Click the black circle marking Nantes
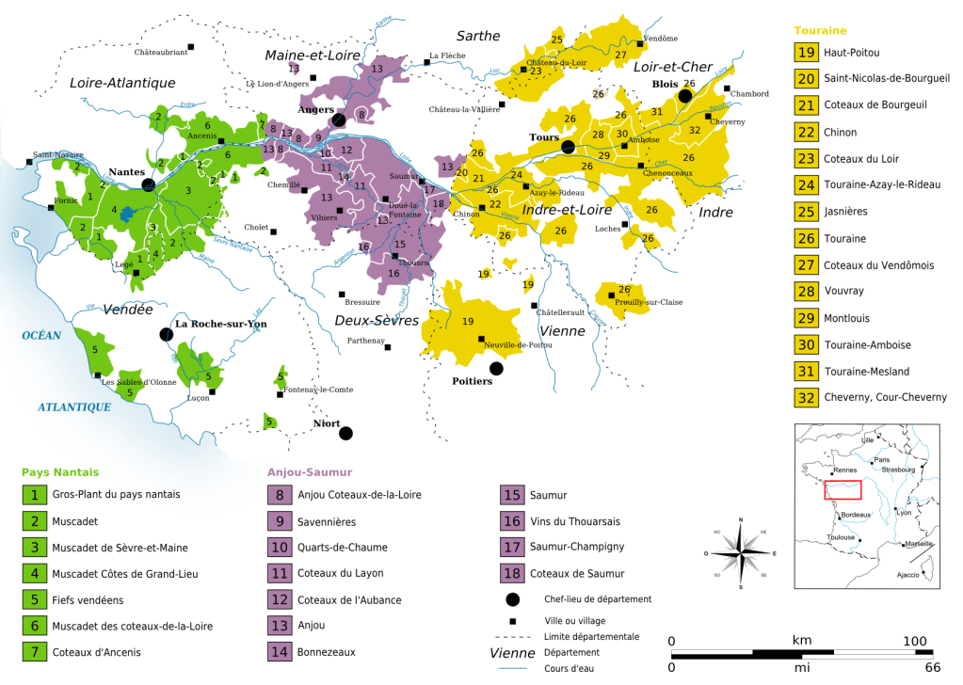149,184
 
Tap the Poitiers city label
472,381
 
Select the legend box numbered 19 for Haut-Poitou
806,52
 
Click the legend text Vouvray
843,292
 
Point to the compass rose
741,553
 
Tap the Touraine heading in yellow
821,30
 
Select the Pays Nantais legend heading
60,472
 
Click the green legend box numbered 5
34,599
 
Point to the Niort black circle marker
345,433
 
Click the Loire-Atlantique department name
122,83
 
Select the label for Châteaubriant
161,52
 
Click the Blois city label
666,83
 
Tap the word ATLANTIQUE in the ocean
74,406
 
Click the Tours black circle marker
568,147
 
